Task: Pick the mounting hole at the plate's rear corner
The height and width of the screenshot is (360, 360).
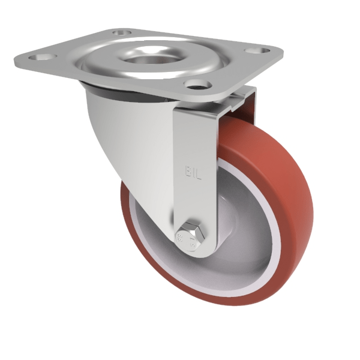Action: (122, 32)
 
